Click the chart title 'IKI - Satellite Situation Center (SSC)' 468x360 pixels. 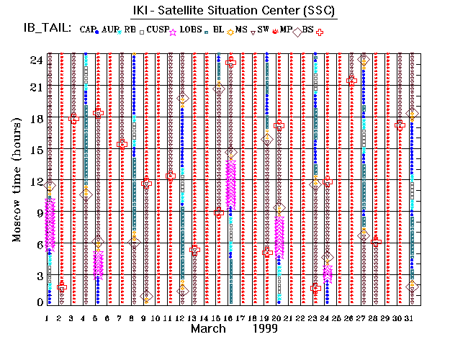coord(233,11)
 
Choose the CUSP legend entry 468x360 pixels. coord(166,29)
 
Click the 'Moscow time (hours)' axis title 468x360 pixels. coord(17,181)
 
